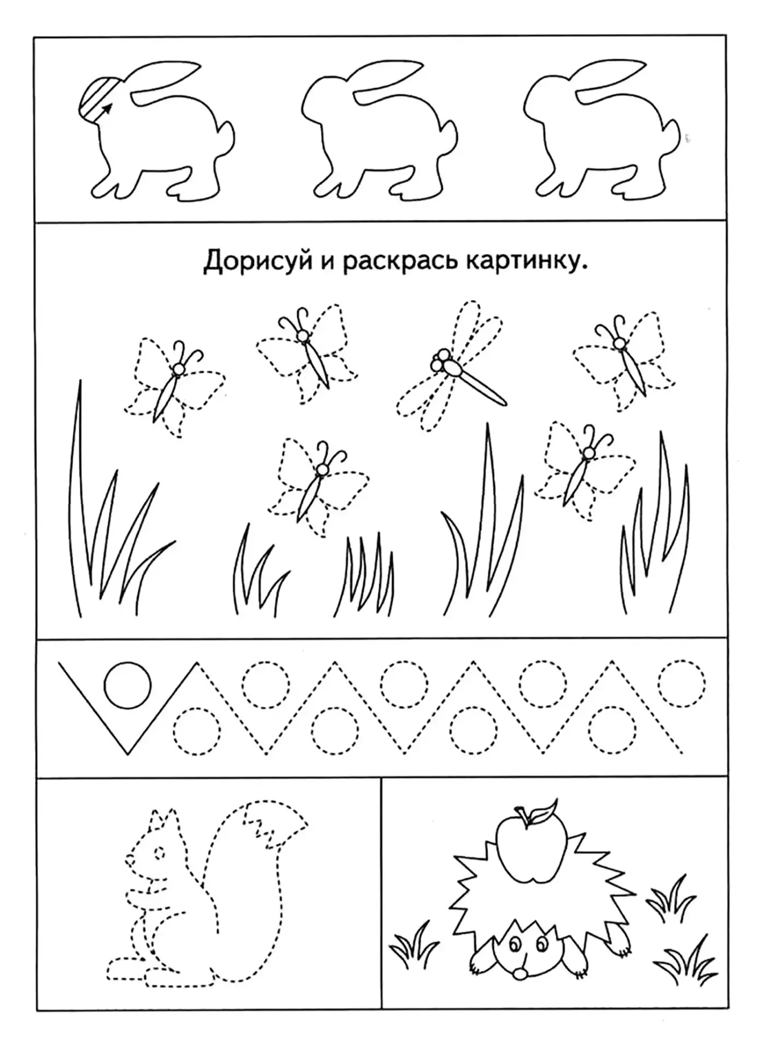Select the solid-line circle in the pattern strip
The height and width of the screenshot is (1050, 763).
pyautogui.click(x=127, y=685)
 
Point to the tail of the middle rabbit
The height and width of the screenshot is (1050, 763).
pyautogui.click(x=449, y=135)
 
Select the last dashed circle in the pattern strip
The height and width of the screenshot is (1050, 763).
pyautogui.click(x=682, y=685)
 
